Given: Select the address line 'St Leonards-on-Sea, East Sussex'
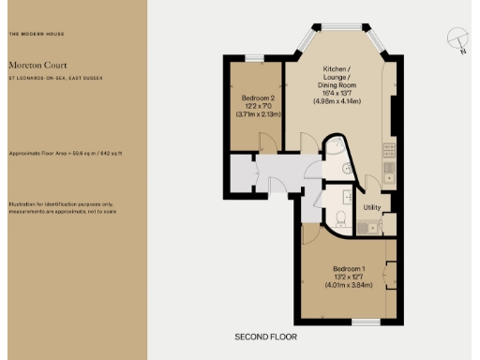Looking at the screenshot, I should [48, 78].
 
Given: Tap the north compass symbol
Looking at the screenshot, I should [456, 39].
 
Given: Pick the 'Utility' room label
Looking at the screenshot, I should [371, 207].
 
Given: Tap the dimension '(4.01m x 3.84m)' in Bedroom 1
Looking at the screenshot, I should [342, 285].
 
